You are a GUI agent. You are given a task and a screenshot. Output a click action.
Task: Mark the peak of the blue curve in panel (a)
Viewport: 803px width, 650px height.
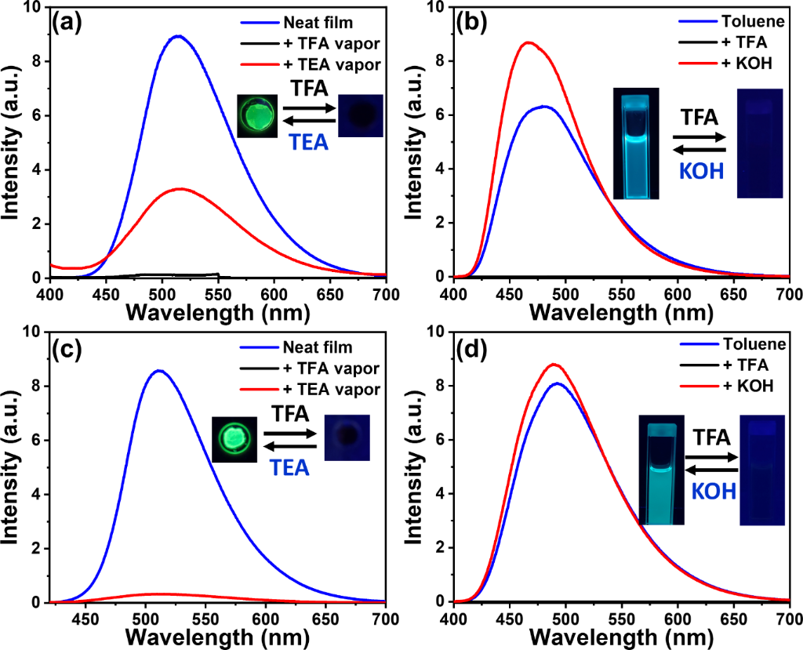pos(178,36)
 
